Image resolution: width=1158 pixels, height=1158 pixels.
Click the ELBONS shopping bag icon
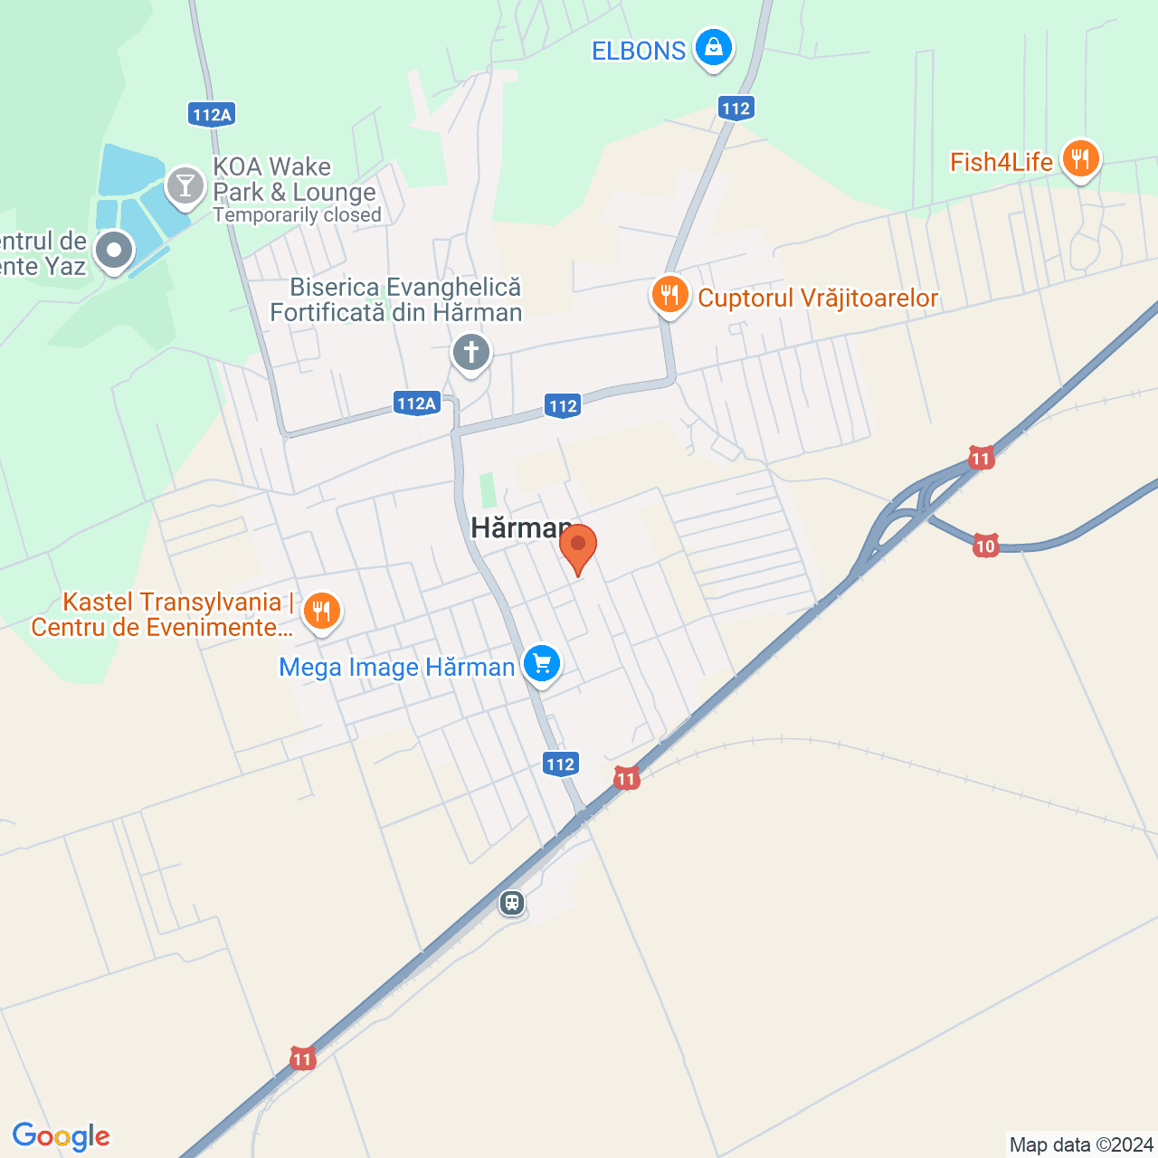point(713,46)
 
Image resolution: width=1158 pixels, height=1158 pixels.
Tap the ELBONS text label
point(639,51)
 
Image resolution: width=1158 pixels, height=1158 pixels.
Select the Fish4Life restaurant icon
point(1079,159)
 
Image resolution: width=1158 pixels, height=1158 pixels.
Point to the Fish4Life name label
point(1001,162)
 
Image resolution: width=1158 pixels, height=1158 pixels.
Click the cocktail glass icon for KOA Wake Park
point(185,185)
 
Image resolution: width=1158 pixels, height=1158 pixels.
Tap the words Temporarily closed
point(297,215)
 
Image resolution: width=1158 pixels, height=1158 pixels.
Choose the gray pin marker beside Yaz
point(114,251)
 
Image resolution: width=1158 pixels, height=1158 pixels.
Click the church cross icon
point(470,352)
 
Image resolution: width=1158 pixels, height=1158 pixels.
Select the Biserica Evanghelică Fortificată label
point(396,299)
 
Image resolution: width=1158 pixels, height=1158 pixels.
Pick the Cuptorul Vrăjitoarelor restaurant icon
point(669,295)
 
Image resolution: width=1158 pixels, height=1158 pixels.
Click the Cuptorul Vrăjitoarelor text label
point(818,298)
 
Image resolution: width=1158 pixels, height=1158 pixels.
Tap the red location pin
point(577,546)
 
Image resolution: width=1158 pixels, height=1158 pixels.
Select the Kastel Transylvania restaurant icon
point(320,611)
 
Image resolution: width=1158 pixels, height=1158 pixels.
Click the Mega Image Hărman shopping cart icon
point(541,664)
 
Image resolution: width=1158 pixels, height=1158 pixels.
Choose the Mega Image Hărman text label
point(396,668)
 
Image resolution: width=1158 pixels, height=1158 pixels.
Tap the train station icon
point(512,902)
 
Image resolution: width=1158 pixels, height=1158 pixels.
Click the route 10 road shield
point(985,546)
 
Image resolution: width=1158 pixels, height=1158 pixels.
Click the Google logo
point(62,1136)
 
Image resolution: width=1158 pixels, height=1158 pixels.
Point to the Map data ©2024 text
point(1081,1144)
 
